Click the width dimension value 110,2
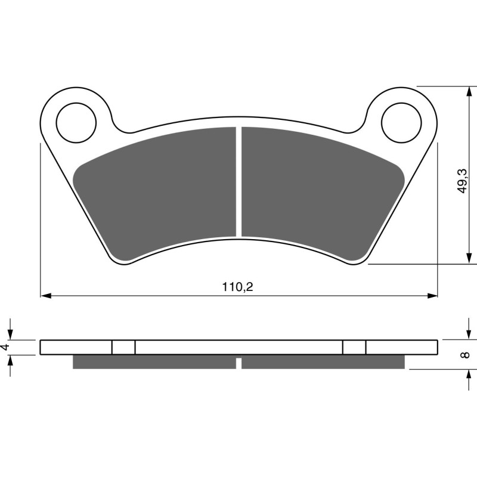[238, 287]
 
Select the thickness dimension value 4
[6, 347]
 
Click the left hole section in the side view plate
[123, 347]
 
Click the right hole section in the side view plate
[354, 347]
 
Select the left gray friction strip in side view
[154, 362]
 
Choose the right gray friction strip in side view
[323, 362]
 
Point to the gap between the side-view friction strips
[238, 363]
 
